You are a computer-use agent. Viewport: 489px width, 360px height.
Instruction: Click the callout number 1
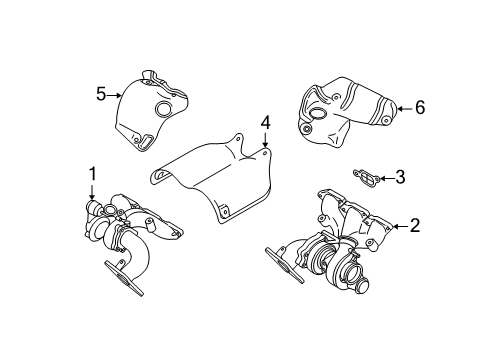(92, 174)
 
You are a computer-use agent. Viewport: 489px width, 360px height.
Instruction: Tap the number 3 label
(400, 178)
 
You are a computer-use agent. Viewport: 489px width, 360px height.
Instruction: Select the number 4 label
(266, 125)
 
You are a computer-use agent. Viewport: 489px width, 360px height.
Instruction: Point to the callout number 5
(100, 94)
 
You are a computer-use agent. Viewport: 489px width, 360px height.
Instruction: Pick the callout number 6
(420, 107)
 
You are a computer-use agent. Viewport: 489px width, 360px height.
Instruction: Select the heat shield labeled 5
(150, 110)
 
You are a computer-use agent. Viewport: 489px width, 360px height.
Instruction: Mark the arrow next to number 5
(114, 94)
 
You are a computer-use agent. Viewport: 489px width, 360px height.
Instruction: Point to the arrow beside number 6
(403, 107)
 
